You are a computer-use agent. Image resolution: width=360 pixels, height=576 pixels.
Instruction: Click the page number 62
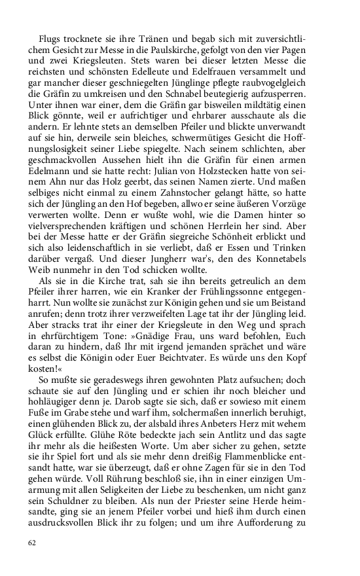coord(32,543)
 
